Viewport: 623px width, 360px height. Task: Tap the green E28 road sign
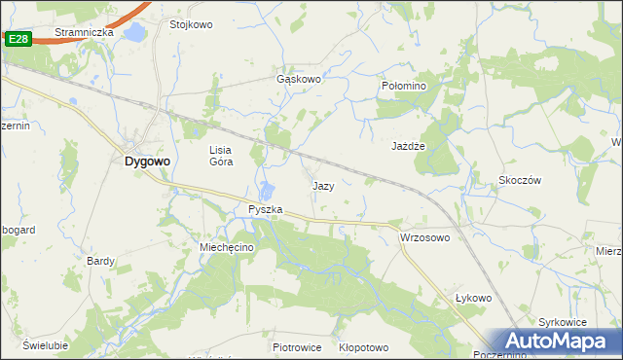17,39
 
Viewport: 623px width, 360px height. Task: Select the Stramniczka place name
84,32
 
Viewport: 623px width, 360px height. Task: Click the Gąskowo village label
299,80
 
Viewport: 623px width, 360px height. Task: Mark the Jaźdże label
410,145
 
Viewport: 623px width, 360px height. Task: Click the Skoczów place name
519,181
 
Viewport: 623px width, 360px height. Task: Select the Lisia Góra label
220,156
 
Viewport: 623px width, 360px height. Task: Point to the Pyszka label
265,209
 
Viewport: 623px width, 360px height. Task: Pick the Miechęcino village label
227,248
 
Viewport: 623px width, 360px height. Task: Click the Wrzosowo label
424,237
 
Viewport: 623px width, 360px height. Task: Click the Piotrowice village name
297,347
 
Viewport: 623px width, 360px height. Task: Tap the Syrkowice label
563,321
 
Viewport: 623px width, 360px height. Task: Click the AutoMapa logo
557,342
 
